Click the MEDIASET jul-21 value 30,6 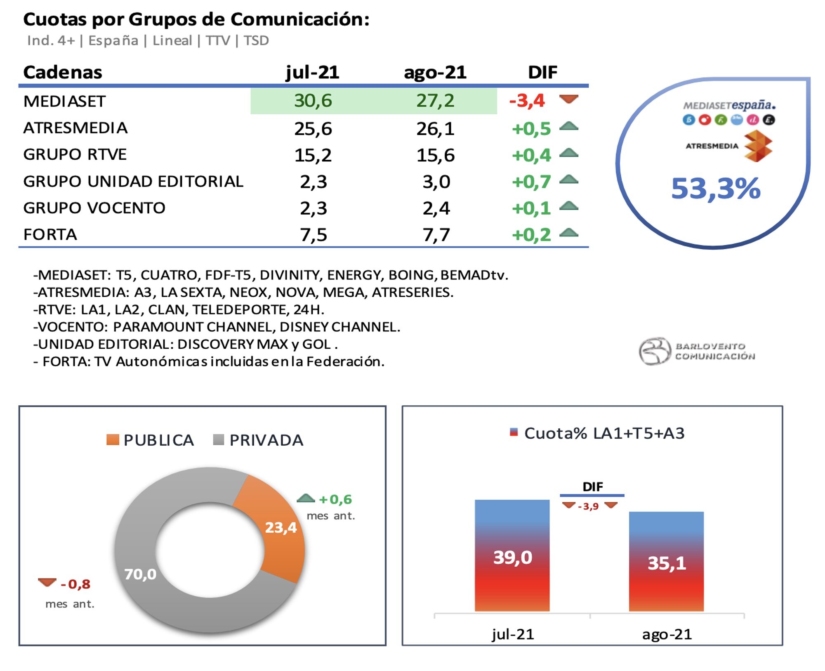[x=313, y=101]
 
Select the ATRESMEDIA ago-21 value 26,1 [x=435, y=129]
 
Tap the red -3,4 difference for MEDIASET [x=527, y=101]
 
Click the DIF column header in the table [x=542, y=72]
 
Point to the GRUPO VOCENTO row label [x=94, y=208]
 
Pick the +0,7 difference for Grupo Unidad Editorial [x=531, y=182]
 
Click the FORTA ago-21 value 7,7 [x=436, y=235]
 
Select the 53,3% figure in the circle [x=716, y=189]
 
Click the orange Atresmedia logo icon [x=758, y=146]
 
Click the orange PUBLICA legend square [x=113, y=440]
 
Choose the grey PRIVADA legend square [x=218, y=440]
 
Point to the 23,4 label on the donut [x=280, y=527]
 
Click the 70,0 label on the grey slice [x=140, y=574]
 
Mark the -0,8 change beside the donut [x=75, y=584]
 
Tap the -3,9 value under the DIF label [x=588, y=506]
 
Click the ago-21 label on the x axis [x=667, y=634]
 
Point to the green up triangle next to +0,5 [x=569, y=126]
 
